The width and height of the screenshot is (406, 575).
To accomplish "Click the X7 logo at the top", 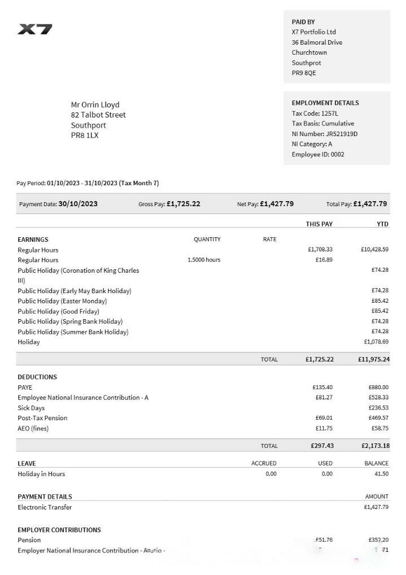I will [x=35, y=29].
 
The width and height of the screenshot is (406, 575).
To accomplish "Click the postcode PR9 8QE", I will [x=304, y=73].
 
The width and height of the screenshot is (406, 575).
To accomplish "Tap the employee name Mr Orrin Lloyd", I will [x=95, y=104].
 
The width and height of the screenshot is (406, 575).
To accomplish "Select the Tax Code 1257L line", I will [x=315, y=113].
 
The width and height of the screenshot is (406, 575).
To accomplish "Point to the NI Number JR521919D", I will [x=325, y=134].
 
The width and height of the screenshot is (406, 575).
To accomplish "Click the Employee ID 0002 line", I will [x=318, y=154].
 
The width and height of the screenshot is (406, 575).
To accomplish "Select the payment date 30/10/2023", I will [x=78, y=204].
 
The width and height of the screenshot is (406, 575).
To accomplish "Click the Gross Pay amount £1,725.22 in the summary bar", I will [x=184, y=204].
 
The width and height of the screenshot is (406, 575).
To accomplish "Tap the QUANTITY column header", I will [x=207, y=239].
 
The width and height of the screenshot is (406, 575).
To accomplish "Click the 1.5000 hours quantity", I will [x=204, y=260].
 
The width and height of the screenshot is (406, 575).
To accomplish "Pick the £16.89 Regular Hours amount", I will [x=324, y=260].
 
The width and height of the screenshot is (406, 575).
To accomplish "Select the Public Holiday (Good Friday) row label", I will [x=58, y=311].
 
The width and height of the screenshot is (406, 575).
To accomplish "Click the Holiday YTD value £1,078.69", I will [x=376, y=342].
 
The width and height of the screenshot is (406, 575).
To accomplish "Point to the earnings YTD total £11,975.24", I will [x=373, y=359].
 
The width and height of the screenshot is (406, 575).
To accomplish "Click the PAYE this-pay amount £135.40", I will [x=322, y=387].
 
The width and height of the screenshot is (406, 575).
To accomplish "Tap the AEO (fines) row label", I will [x=33, y=428].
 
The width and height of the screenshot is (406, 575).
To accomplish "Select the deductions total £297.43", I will [x=322, y=446].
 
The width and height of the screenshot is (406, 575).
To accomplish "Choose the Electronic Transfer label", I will [x=45, y=507].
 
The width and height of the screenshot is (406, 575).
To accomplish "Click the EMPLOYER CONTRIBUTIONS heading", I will [x=59, y=530].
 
